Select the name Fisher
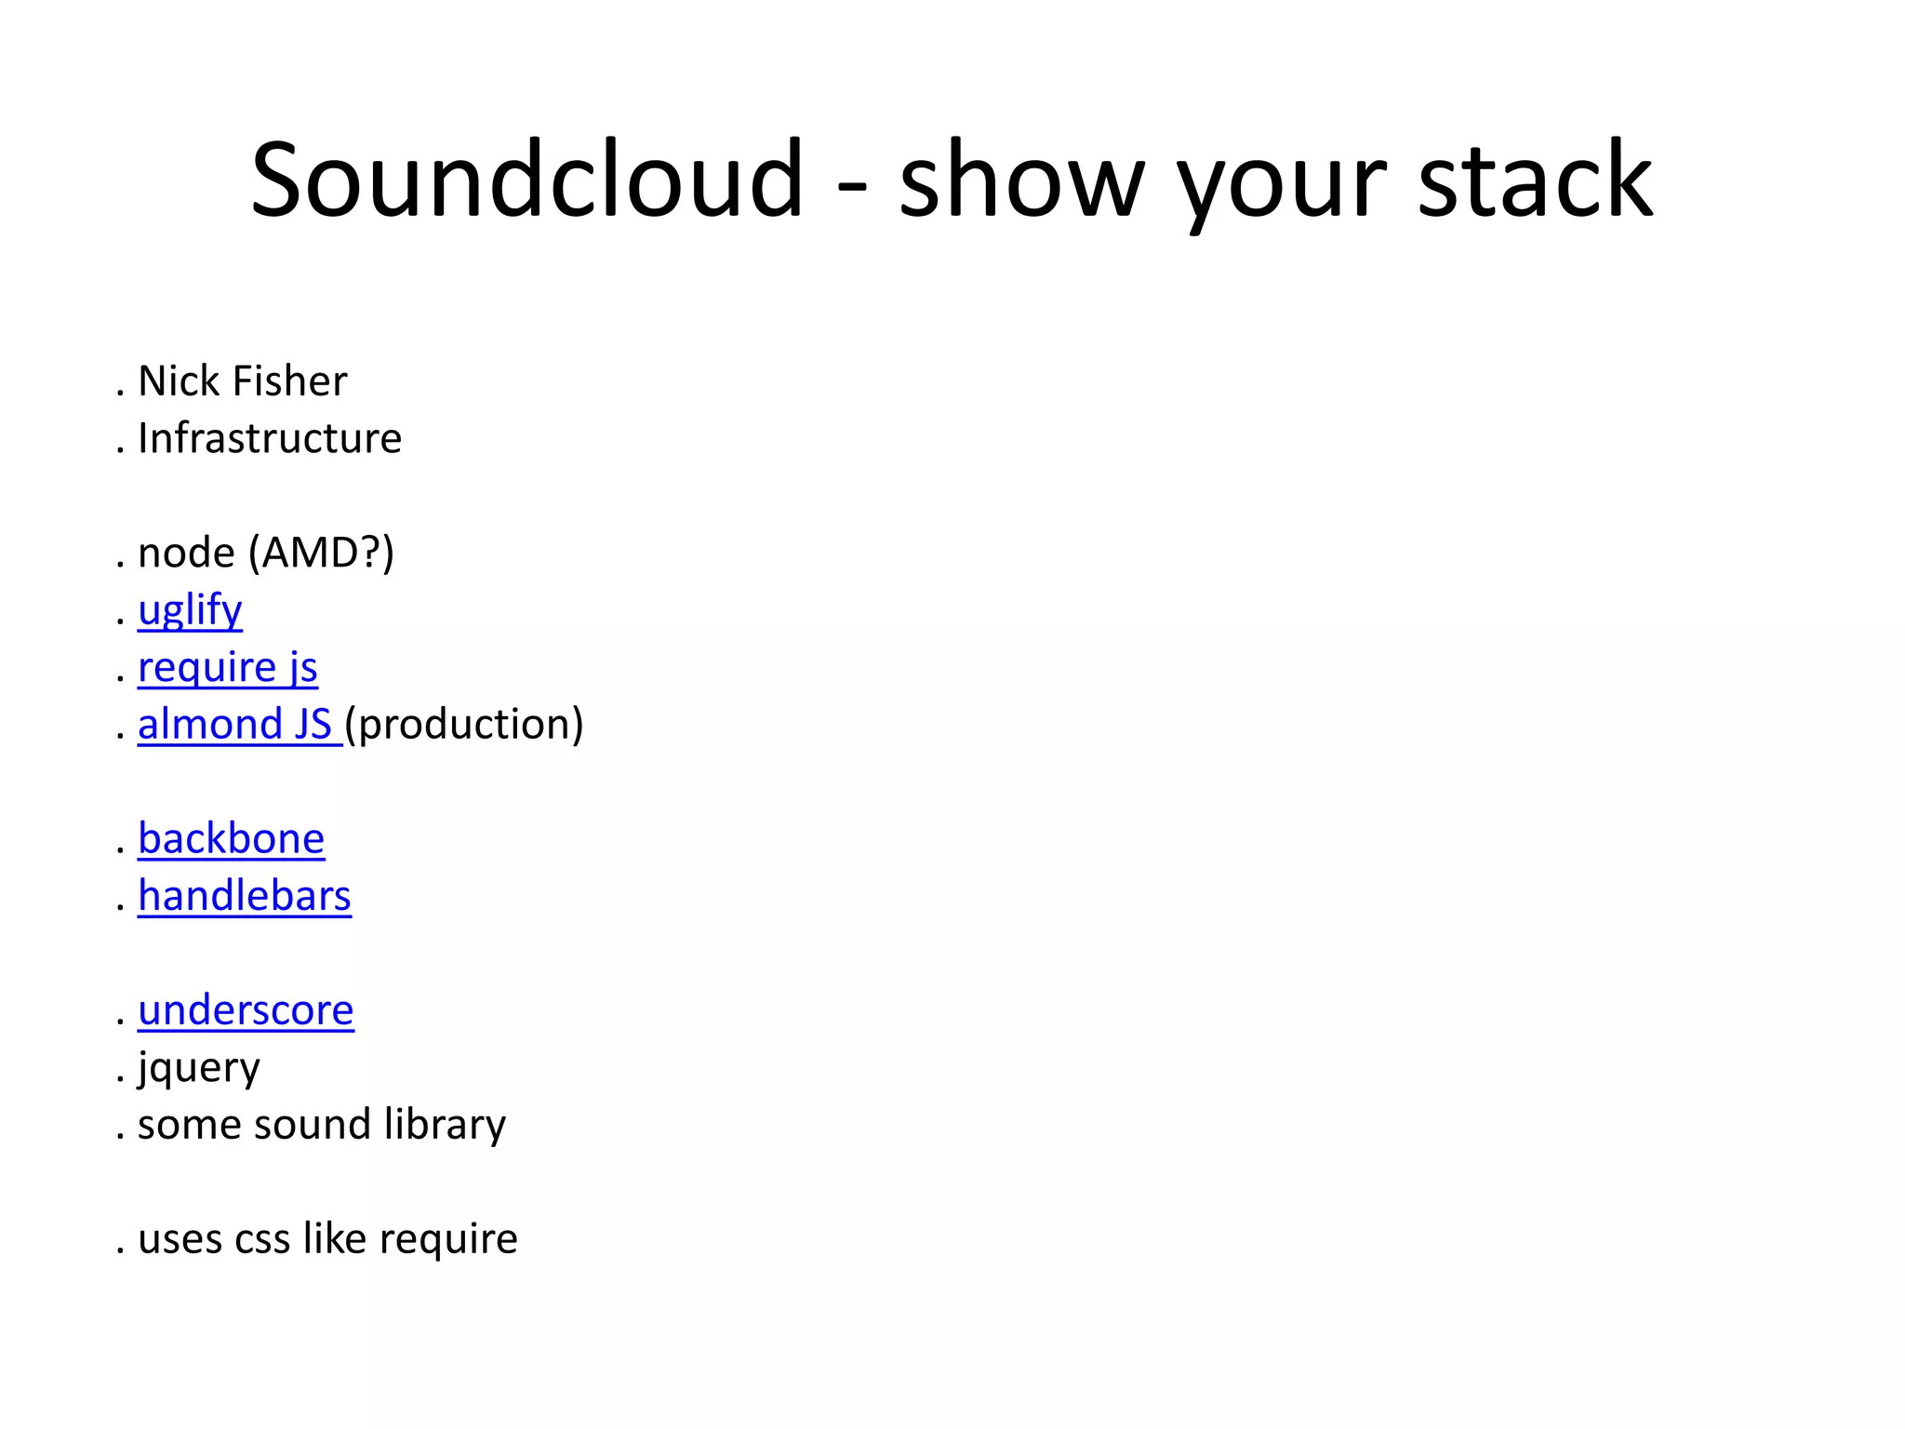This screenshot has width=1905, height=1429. point(289,381)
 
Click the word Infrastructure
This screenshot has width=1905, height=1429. point(270,438)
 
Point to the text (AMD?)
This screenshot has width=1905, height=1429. point(321,553)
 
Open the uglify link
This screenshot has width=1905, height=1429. point(190,611)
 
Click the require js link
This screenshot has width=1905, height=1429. point(228,668)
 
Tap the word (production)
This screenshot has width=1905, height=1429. point(464,725)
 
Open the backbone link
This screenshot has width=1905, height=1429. point(232,839)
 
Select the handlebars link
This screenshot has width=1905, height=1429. point(245,896)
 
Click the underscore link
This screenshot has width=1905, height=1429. point(246,1010)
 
